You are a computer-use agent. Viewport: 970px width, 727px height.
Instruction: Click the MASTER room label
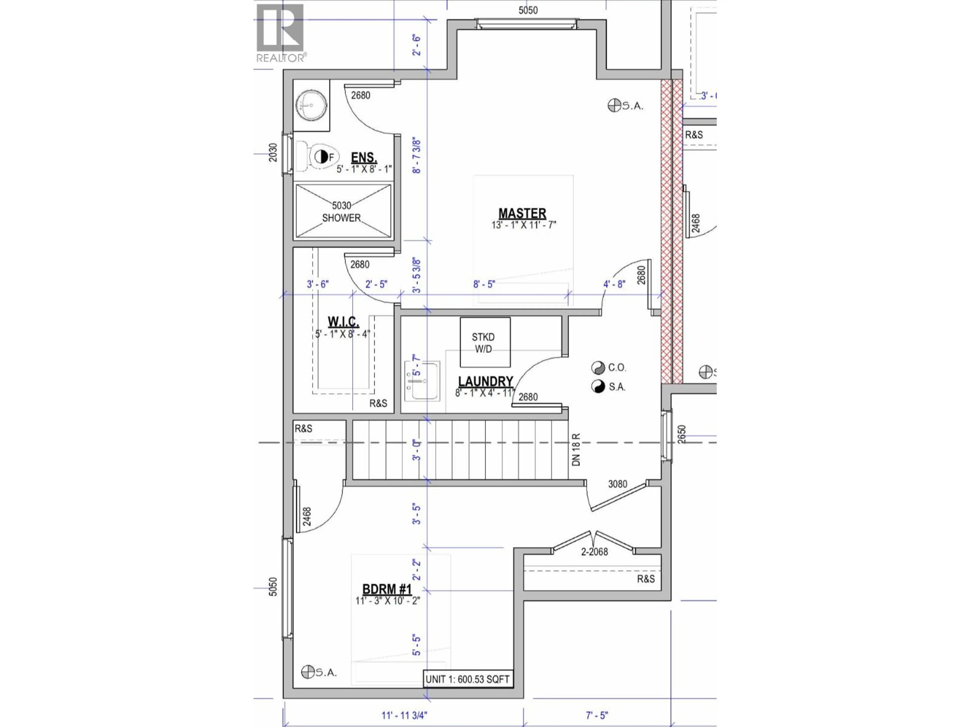pos(522,213)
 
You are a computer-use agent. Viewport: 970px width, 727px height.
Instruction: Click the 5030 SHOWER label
pos(341,211)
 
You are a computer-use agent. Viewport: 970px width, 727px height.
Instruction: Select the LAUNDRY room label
pos(486,381)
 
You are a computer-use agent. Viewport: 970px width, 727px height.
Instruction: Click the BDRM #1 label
pos(387,589)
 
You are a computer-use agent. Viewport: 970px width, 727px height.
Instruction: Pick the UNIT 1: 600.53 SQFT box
pos(468,679)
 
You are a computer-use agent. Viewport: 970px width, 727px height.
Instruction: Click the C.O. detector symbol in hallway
pos(597,367)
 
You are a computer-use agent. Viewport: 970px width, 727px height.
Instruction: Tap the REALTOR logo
pos(280,33)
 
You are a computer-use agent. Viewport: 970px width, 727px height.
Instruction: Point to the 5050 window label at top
pos(528,10)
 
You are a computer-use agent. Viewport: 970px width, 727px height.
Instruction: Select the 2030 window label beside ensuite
pos(273,152)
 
